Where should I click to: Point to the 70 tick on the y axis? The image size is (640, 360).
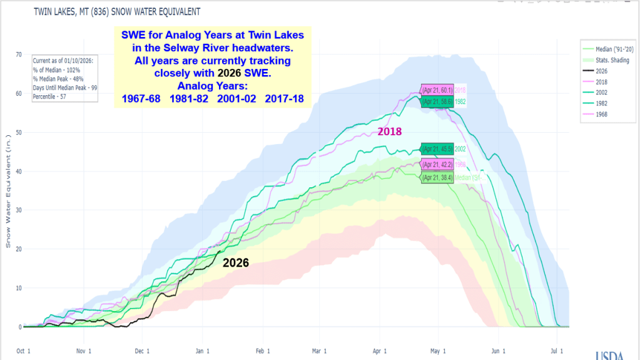pyautogui.click(x=18, y=55)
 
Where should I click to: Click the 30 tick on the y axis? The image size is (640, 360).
pyautogui.click(x=18, y=210)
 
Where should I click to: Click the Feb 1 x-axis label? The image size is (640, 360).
pyautogui.click(x=260, y=351)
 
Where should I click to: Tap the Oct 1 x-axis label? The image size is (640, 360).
pyautogui.click(x=23, y=351)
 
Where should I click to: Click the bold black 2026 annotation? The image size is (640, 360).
pyautogui.click(x=236, y=263)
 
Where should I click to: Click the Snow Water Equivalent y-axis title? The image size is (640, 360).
pyautogui.click(x=8, y=191)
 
